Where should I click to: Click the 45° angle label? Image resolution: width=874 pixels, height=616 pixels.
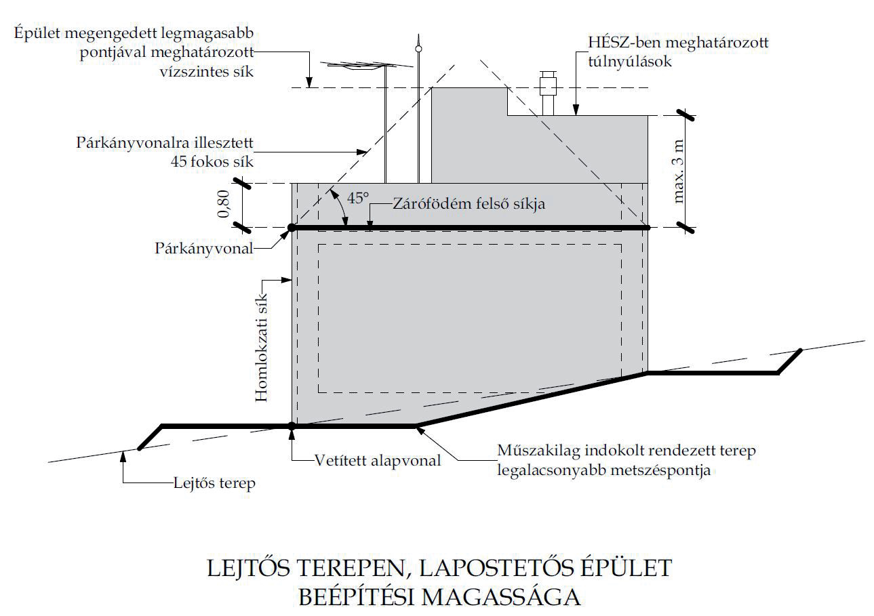pyautogui.click(x=359, y=199)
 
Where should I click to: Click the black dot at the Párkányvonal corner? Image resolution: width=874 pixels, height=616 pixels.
pyautogui.click(x=292, y=228)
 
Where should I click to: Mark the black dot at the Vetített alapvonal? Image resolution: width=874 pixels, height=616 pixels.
pyautogui.click(x=292, y=426)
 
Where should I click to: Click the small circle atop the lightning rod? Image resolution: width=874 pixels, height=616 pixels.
pyautogui.click(x=419, y=49)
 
